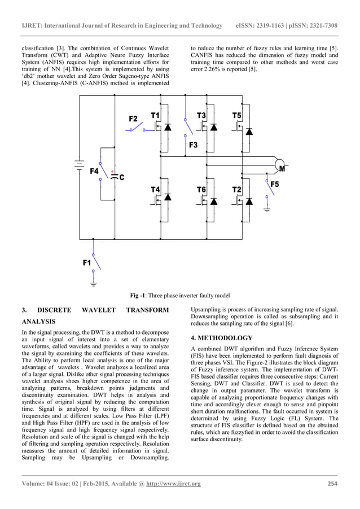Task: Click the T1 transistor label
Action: (155, 116)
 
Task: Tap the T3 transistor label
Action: (201, 116)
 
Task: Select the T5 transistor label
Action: (237, 116)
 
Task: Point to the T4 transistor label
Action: (155, 190)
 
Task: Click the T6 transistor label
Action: (201, 190)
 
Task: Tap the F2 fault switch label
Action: (133, 119)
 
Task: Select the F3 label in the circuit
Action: (193, 145)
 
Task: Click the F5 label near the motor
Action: (275, 185)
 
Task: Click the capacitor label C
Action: (121, 178)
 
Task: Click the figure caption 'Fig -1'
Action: (138, 296)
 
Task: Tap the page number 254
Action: (332, 484)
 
